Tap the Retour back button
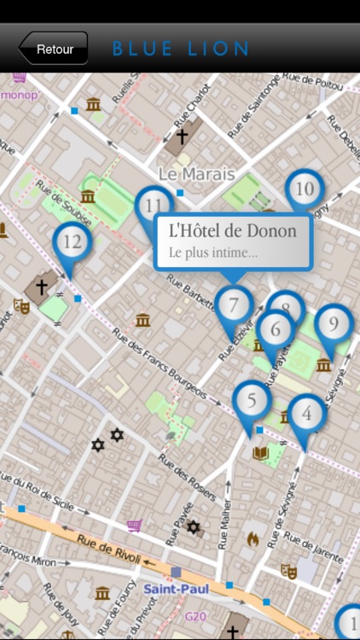(x=54, y=49)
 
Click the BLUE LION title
(x=181, y=49)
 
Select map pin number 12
(x=73, y=242)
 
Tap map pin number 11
(x=154, y=206)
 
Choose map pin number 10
(x=304, y=189)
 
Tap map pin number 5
(x=252, y=399)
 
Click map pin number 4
(x=307, y=414)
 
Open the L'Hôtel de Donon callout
(x=233, y=239)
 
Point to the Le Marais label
(x=196, y=174)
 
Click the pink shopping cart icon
(x=134, y=526)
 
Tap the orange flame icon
(x=253, y=538)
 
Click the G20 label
(x=196, y=614)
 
